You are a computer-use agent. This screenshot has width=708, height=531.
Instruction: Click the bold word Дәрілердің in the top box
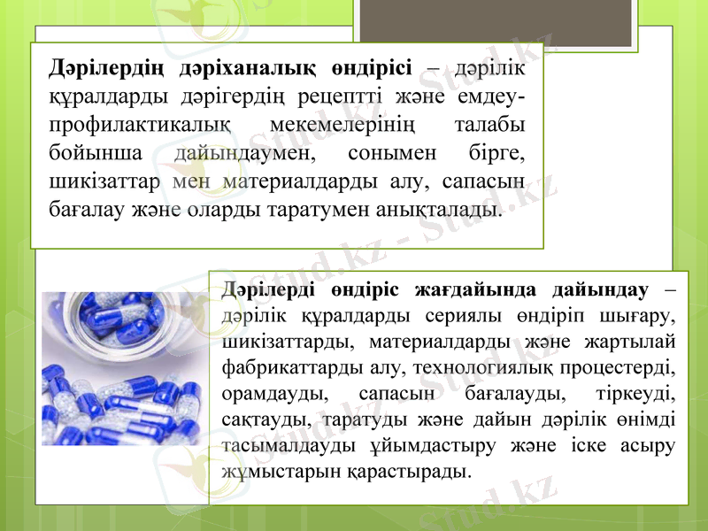click(x=104, y=67)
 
